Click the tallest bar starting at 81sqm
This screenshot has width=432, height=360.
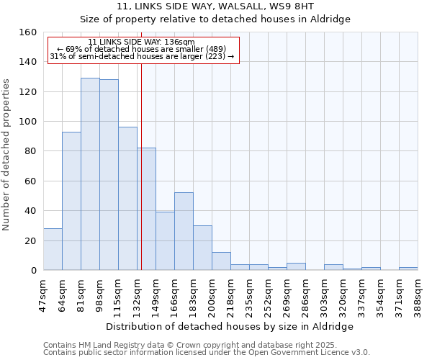point(90,174)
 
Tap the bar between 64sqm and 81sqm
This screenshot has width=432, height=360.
point(71,201)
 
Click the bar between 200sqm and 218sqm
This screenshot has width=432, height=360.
point(221,261)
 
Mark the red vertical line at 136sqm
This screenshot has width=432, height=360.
point(141,180)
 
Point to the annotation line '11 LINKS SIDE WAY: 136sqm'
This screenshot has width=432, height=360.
point(141,42)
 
